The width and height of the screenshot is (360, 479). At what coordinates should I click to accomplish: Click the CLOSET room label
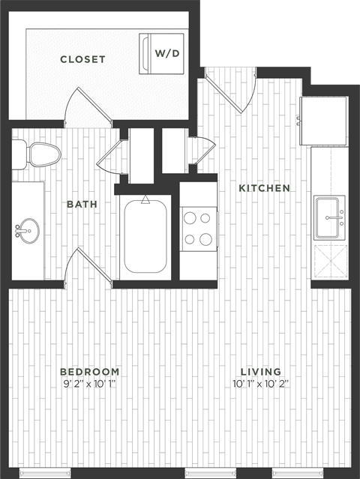click(82, 59)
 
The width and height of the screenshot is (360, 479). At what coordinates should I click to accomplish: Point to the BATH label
click(80, 203)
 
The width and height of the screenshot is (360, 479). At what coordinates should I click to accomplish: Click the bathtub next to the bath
click(145, 235)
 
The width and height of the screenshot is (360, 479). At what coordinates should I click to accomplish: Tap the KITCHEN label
click(264, 188)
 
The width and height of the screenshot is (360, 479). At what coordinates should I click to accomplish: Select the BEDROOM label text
click(90, 372)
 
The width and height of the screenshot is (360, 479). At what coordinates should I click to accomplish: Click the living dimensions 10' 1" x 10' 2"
click(260, 385)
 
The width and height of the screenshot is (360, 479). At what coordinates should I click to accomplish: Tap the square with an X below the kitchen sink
click(329, 261)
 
